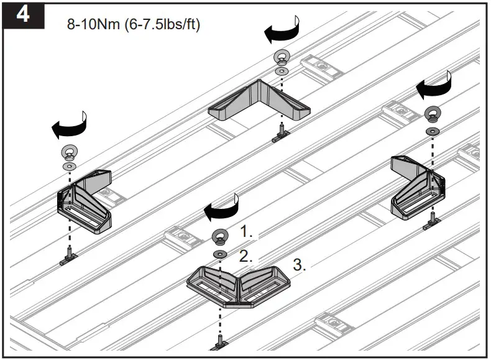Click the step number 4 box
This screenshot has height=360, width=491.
point(22,14)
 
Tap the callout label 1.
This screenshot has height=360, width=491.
point(246,232)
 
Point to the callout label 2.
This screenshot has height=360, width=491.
point(246,256)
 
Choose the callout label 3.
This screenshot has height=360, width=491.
point(300,265)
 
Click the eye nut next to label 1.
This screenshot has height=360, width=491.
point(219,236)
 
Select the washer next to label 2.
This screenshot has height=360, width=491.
point(219,255)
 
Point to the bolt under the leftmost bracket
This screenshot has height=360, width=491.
point(68,256)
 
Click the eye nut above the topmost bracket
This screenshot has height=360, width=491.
point(280,57)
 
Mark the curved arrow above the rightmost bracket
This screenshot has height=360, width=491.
point(434,89)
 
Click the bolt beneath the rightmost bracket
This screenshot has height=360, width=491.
point(431,222)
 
